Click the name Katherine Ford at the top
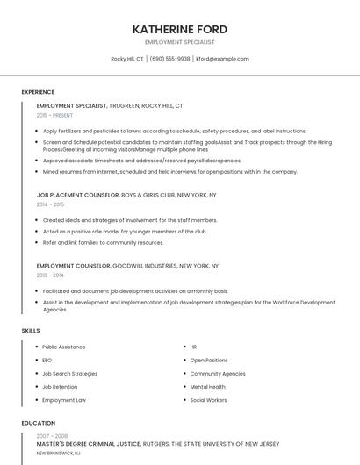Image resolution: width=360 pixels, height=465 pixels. pos(179,28)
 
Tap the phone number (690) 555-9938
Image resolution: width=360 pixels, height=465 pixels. pos(169,59)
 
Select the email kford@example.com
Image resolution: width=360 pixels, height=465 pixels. pos(222,59)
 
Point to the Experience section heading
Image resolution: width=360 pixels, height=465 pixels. pos(38,92)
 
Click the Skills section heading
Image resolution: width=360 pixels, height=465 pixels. pos(30,330)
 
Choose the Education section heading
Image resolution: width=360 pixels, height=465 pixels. pos(38,423)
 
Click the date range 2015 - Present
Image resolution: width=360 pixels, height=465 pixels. pos(54,115)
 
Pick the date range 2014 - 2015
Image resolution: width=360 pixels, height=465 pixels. pos(50,204)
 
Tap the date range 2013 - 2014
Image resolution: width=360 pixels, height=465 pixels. pos(50,275)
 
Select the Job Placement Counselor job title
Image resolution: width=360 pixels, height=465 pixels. pos(77,195)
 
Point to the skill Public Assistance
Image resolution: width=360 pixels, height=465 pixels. pos(64,347)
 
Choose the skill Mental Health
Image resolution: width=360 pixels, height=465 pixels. pos(207,386)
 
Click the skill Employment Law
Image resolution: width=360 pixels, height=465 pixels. pos(64,400)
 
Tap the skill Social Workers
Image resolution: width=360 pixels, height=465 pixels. pos(208,400)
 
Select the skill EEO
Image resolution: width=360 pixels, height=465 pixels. pos(47,360)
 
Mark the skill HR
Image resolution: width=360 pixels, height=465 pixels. pos(193,347)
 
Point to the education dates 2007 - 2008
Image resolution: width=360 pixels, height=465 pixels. pos(51,436)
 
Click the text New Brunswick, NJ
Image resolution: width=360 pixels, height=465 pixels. pos(58,454)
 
